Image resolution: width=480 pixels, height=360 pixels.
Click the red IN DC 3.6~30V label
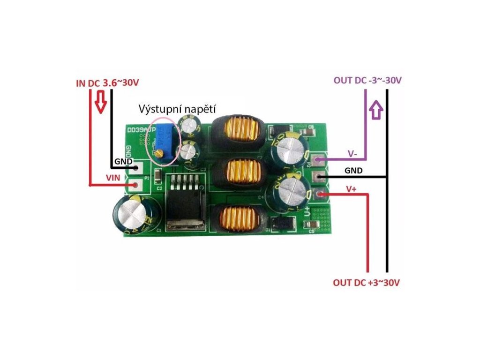(x=107, y=83)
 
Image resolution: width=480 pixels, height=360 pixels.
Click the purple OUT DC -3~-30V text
(x=367, y=80)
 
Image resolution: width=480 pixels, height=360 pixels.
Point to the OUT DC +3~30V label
(x=367, y=283)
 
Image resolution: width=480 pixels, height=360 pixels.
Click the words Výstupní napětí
(x=177, y=109)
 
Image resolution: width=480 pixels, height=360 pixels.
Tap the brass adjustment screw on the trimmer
(x=160, y=152)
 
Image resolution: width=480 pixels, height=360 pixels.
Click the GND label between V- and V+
(x=353, y=171)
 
